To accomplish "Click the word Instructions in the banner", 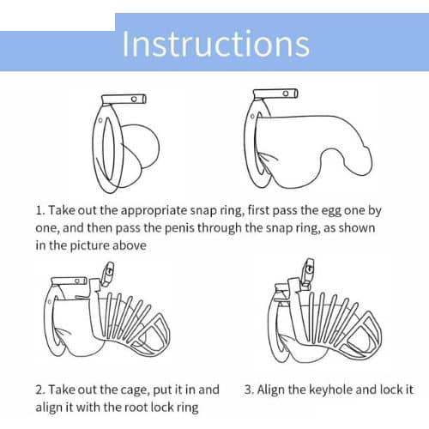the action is tap(216, 44).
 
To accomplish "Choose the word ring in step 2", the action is tap(187, 408).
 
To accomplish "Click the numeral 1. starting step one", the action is tap(40, 211).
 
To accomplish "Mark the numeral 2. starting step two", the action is tap(40, 390).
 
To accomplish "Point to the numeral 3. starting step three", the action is tap(249, 390).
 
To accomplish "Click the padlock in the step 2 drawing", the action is tap(108, 274).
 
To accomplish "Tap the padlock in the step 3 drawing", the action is tap(307, 272).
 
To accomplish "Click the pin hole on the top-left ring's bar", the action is tap(134, 100).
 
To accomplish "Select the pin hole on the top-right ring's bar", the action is tap(286, 94).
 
